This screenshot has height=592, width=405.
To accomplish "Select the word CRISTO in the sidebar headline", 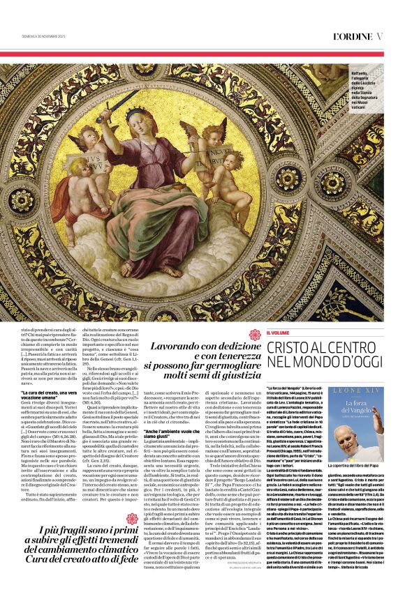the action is click(293, 347).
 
